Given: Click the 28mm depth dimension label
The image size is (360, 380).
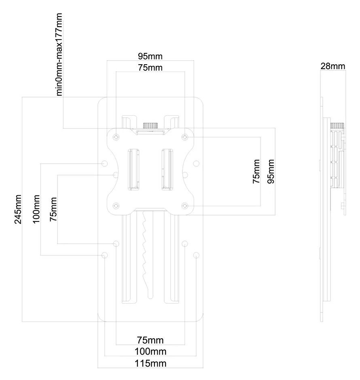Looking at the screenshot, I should point(333,66).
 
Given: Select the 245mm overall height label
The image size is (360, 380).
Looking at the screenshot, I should point(17,209).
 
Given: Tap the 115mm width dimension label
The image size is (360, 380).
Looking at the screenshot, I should point(150,363).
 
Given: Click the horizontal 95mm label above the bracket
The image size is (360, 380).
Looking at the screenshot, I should point(150,56).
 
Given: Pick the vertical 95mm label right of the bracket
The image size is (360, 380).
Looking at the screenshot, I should point(271,171).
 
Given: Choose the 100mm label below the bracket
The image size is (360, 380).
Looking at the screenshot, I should point(150,351).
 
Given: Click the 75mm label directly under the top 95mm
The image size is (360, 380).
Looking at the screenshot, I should point(150,68).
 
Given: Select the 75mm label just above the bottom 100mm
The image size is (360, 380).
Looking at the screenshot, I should point(150,339).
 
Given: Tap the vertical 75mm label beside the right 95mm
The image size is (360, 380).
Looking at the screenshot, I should point(256,171).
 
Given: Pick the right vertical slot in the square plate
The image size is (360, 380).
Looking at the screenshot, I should point(167,169).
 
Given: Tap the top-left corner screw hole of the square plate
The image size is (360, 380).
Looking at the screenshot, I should point(116,137).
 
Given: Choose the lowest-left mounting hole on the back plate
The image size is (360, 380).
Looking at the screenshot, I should point(105,255).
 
